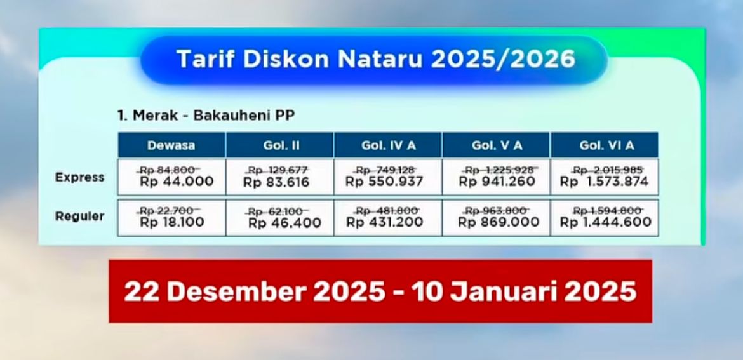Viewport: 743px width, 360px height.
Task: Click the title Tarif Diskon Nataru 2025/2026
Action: pyautogui.click(x=375, y=59)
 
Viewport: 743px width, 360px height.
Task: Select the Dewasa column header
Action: pyautogui.click(x=171, y=145)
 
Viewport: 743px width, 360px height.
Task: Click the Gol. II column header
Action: pyautogui.click(x=281, y=145)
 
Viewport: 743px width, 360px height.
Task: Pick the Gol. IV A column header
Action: pyautogui.click(x=388, y=145)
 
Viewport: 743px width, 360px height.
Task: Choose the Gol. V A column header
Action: pyautogui.click(x=497, y=145)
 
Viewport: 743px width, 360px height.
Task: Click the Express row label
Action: pyautogui.click(x=79, y=177)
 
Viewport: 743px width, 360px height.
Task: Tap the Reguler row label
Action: pyautogui.click(x=79, y=217)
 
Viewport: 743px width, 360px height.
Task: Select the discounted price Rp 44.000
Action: pyautogui.click(x=177, y=182)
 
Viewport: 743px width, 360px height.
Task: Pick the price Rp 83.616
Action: pyautogui.click(x=276, y=183)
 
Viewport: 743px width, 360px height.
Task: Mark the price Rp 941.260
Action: pyautogui.click(x=497, y=182)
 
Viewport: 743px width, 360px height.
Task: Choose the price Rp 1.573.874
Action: pyautogui.click(x=604, y=182)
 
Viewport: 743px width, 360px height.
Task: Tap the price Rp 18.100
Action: pyautogui.click(x=172, y=222)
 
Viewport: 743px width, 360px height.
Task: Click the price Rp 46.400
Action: pyautogui.click(x=284, y=223)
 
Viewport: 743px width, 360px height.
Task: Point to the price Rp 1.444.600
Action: pyautogui.click(x=605, y=222)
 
